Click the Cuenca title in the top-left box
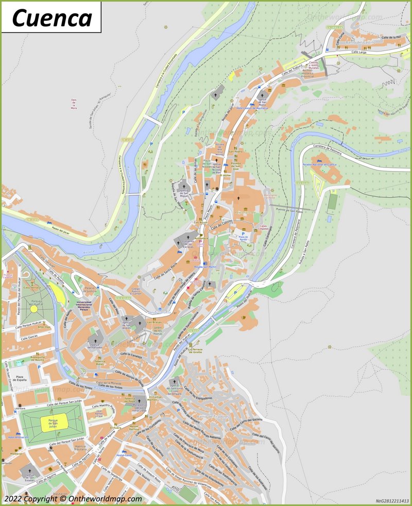pos(51,18)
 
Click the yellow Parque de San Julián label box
pos(54,423)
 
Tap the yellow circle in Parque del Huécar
pos(34,309)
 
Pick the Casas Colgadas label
pos(263,228)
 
